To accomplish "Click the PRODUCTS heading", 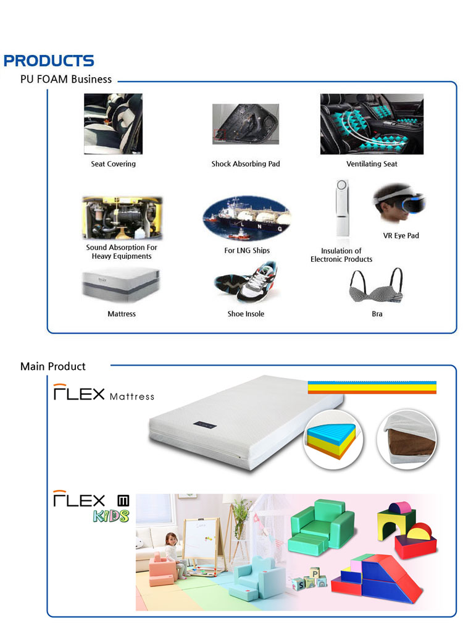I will pos(49,61).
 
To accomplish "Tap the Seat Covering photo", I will pos(113,124).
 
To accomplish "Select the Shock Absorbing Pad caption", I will pos(246,164).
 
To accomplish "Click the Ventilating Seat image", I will pos(372,124).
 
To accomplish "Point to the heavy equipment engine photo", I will pos(122,218).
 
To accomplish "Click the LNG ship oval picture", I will pos(246,218).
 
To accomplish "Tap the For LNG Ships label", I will pos(246,251).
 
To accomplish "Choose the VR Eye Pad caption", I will pos(401,236).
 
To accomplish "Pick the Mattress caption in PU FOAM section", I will pos(122,314).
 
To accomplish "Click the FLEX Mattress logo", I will pos(104,393).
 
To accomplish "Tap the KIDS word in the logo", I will pos(111,516).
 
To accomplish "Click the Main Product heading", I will pos(53,367).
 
